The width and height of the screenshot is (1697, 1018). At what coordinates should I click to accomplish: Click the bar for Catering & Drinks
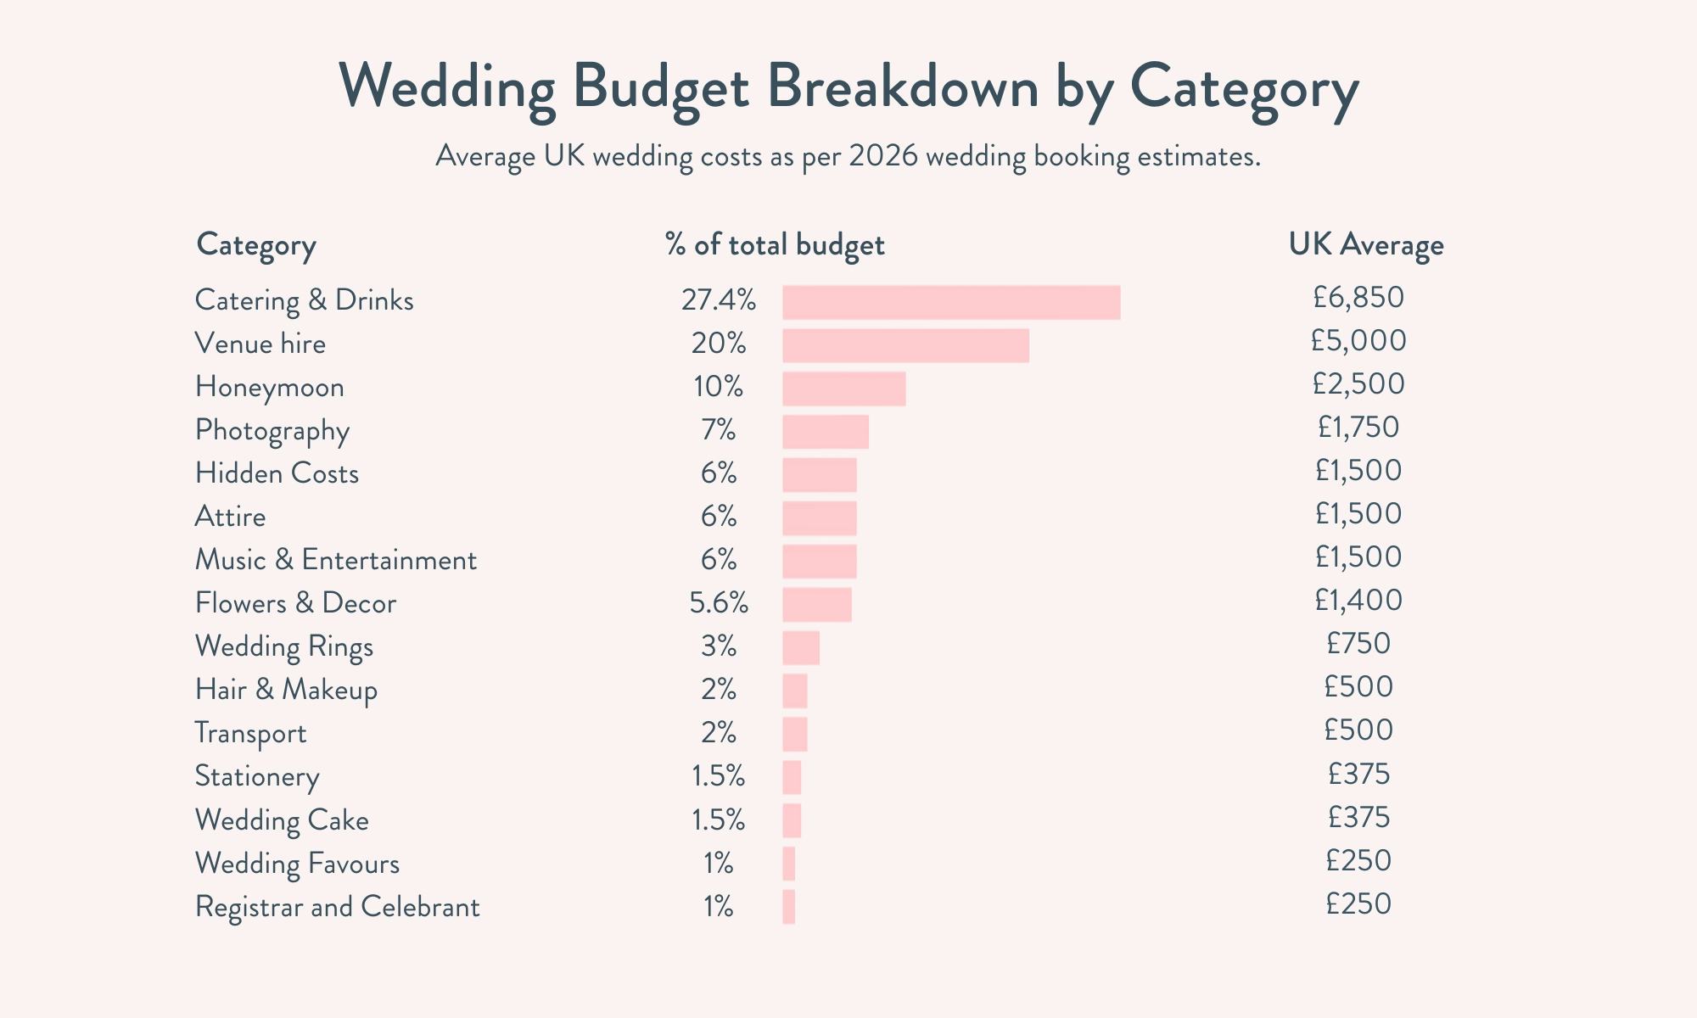click(x=950, y=303)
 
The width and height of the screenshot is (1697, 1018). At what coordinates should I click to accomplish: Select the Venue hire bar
click(x=905, y=346)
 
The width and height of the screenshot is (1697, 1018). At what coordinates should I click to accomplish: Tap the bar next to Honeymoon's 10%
click(x=843, y=389)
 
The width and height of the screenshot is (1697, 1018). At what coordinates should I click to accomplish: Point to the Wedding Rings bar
click(x=800, y=648)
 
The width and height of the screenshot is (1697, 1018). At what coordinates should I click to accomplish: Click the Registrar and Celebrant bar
click(x=788, y=907)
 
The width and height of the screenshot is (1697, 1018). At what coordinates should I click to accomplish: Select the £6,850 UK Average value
click(x=1358, y=298)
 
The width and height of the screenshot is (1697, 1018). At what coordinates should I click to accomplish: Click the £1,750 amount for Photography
click(x=1358, y=427)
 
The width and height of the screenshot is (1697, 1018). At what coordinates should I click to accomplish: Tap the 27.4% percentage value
click(x=718, y=300)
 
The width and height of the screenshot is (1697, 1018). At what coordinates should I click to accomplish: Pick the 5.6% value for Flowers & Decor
click(x=718, y=603)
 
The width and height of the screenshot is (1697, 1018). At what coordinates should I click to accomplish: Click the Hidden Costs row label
click(x=277, y=473)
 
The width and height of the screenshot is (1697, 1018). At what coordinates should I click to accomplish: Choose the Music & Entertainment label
click(x=335, y=560)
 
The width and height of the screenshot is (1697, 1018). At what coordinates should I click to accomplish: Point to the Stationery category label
click(x=257, y=777)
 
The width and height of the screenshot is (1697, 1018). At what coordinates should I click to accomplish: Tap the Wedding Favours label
click(x=297, y=864)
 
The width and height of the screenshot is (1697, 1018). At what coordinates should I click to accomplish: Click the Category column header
click(x=256, y=245)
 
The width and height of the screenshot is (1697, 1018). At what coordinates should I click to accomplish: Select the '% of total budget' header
click(x=775, y=245)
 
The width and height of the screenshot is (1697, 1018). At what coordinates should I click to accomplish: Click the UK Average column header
click(x=1365, y=245)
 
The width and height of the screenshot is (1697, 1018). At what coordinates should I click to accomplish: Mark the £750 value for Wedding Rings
click(x=1358, y=644)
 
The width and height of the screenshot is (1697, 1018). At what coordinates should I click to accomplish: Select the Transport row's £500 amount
click(x=1358, y=730)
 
